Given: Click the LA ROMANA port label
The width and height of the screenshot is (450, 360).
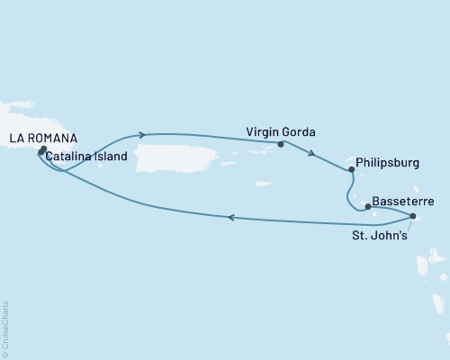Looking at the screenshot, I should click(43, 138).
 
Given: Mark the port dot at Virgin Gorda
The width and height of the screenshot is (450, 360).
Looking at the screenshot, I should click(281, 144).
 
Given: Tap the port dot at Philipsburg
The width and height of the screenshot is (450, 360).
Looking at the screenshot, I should click(352, 168).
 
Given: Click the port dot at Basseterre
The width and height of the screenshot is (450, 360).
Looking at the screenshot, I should click(367, 206).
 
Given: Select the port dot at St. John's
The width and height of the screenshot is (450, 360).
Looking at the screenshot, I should click(412, 217).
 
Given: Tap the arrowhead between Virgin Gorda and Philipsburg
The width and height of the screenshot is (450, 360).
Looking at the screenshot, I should click(311, 153).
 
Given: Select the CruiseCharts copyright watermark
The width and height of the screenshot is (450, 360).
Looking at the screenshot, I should click(6, 329).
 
